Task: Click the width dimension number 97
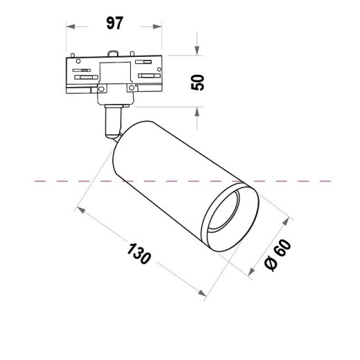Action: tap(114, 24)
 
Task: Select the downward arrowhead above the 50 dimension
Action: tap(197, 51)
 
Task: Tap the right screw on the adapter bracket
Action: tap(129, 88)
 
